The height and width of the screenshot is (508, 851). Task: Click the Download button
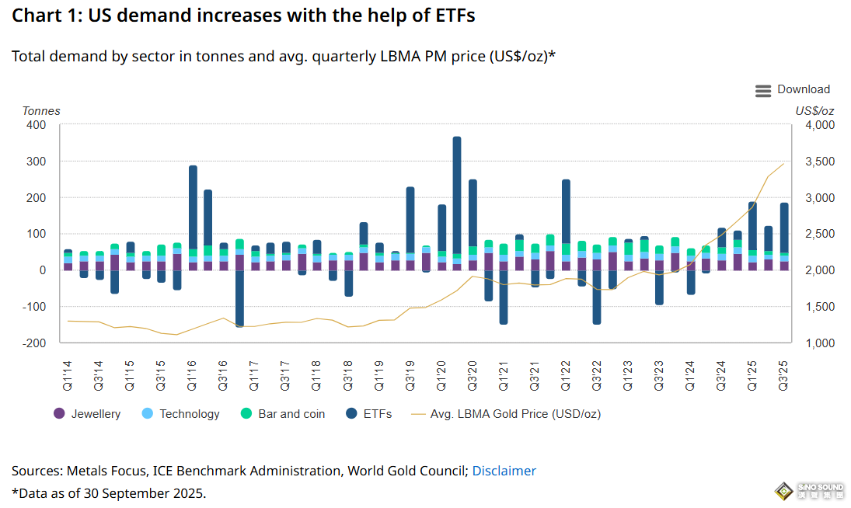coord(804,89)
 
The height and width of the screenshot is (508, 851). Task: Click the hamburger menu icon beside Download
coord(763,91)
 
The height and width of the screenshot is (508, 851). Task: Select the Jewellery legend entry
coord(87,414)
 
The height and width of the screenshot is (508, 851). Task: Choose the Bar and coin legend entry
coord(283,414)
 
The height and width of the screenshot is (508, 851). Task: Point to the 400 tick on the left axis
coord(37,125)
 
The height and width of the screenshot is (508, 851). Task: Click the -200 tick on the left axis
coord(35,343)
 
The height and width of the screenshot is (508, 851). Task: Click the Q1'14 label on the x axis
coord(68,374)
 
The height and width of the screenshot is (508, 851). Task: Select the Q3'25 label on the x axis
coord(784,374)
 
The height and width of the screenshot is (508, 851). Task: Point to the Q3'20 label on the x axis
coord(473,374)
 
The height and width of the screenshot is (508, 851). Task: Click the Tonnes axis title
coord(40,111)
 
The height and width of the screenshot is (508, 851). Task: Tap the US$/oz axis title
coord(814,111)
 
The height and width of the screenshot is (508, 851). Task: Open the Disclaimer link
coord(504,471)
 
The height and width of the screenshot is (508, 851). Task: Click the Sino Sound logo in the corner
coord(811,491)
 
